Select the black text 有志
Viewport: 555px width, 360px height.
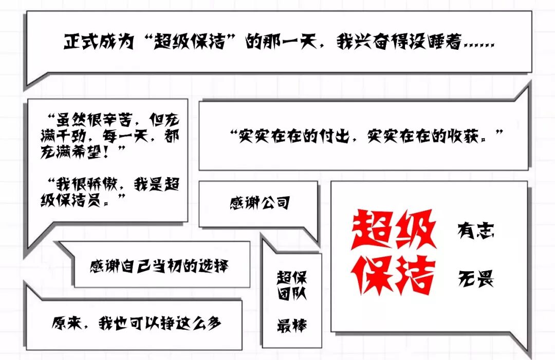476,231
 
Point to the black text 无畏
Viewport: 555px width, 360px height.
476,279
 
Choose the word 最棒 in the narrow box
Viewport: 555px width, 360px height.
291,325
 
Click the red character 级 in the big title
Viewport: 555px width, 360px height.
415,229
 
